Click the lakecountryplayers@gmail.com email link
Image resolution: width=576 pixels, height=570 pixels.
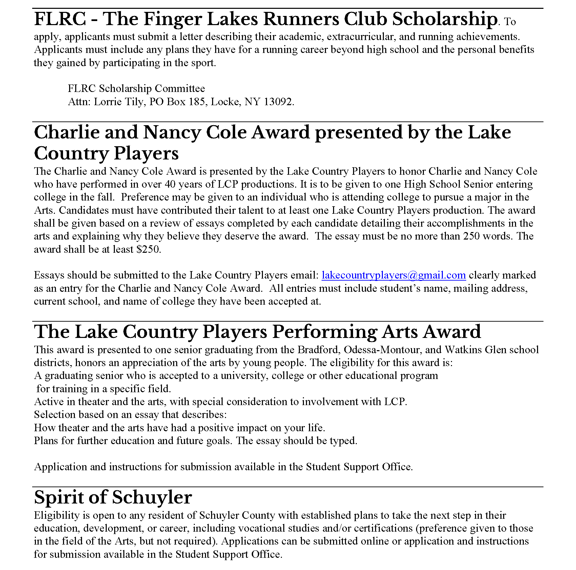point(393,275)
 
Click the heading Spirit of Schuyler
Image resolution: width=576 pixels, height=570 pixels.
point(113,497)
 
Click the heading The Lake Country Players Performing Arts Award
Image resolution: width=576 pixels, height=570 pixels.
point(258,332)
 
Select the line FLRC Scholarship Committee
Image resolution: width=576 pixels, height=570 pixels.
point(136,89)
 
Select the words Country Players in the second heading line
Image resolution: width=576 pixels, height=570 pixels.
point(106,153)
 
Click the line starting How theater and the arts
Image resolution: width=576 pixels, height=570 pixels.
point(180,428)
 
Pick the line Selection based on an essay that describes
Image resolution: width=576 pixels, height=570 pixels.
point(130,415)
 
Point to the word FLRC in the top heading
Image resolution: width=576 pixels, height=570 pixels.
point(60,19)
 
